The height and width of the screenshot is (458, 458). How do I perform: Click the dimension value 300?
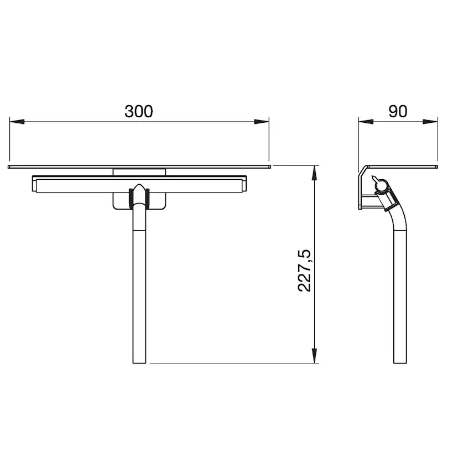click(138, 111)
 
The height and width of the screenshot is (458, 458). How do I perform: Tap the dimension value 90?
click(397, 111)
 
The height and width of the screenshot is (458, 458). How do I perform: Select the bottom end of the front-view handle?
click(139, 362)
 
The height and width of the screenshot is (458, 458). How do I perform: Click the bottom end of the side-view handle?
click(400, 362)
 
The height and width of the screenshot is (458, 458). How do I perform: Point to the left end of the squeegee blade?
click(35, 185)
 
